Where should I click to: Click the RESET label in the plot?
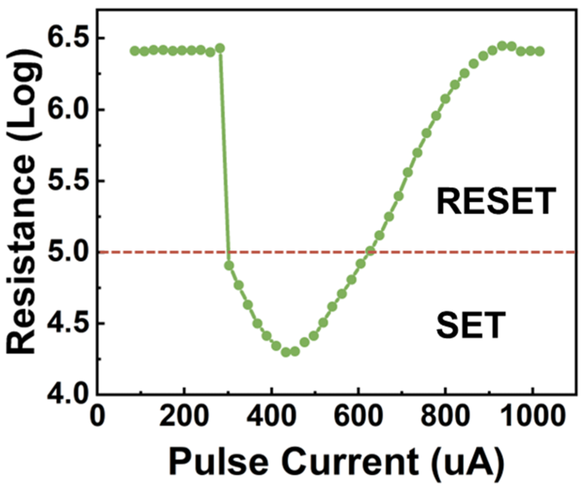click(496, 202)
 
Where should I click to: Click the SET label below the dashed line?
click(471, 326)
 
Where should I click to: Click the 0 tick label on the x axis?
click(98, 417)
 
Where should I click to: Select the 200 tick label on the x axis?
click(184, 417)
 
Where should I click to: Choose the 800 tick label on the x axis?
click(445, 417)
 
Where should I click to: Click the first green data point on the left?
click(135, 51)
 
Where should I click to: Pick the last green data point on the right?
click(540, 51)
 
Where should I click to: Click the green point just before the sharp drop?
click(220, 48)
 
